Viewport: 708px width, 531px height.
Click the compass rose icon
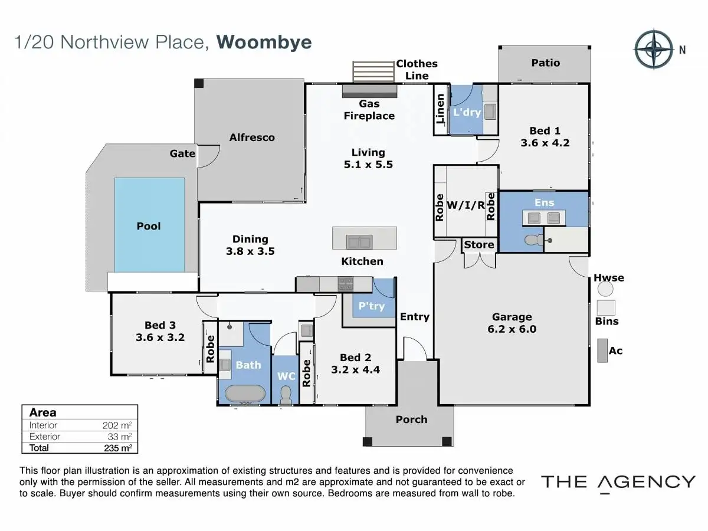(654, 49)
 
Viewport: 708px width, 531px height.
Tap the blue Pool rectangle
(150, 225)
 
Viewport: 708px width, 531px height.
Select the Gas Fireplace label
(369, 110)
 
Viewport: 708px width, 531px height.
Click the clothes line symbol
(373, 71)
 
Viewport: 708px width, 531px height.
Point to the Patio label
(545, 63)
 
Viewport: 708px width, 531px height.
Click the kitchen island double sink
(359, 241)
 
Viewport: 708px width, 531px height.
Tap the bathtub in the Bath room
(245, 394)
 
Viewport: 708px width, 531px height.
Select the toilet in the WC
(286, 395)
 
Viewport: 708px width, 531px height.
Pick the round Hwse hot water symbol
(605, 289)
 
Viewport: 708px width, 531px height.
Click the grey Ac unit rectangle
(602, 350)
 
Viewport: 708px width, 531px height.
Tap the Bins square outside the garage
(606, 307)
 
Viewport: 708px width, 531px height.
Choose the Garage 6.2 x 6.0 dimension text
(512, 329)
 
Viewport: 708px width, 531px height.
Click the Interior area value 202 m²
(117, 425)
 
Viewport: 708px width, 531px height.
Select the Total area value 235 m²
(118, 448)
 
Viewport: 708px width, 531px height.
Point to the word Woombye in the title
(264, 42)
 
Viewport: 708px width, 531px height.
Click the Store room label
(478, 245)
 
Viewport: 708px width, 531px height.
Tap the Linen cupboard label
(440, 109)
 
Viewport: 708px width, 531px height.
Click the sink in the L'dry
(490, 112)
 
